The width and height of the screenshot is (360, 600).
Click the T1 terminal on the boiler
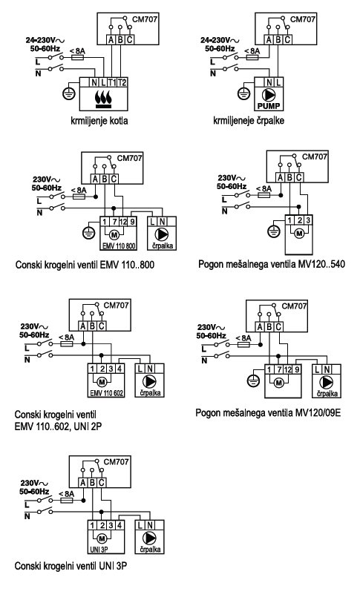point(112,82)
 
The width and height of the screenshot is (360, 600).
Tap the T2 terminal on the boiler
point(122,82)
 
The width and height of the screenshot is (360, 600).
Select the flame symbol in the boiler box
point(103,99)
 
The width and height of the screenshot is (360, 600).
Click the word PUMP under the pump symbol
point(269,106)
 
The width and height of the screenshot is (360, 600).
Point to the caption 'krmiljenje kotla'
point(99,121)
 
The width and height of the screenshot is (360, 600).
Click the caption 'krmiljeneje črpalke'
point(249,121)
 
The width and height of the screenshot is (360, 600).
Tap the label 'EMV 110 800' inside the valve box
point(118,245)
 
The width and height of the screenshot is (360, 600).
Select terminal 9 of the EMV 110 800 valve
point(132,221)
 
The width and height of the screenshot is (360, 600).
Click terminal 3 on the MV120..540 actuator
point(308,220)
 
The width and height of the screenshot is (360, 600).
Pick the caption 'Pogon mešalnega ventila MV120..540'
point(272,264)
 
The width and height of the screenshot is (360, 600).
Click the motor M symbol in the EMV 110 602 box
point(102,381)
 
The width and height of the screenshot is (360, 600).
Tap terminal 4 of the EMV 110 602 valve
point(120,369)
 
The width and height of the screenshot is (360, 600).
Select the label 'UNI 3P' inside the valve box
point(99,550)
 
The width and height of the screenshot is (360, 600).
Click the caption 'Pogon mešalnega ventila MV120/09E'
point(268,413)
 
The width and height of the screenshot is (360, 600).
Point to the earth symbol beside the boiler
point(69,93)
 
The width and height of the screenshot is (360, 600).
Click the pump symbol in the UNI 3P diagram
point(149,538)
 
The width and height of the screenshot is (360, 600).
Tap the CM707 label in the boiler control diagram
point(145,19)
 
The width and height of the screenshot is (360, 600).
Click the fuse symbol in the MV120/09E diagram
point(244,344)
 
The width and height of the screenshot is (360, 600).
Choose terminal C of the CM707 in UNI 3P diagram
point(102,483)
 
